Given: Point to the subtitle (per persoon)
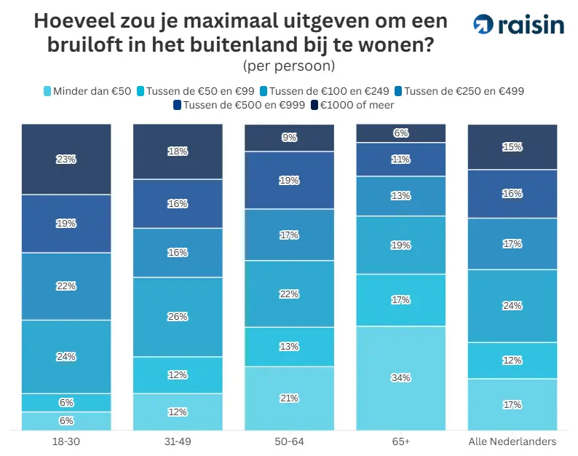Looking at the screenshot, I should pyautogui.click(x=288, y=66).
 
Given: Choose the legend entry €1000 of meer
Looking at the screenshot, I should pyautogui.click(x=352, y=105).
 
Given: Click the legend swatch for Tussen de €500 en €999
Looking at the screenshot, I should pyautogui.click(x=178, y=105).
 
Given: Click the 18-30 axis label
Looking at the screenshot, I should pyautogui.click(x=66, y=441).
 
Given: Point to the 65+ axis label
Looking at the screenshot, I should pyautogui.click(x=400, y=441).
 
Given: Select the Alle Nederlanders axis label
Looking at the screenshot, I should pyautogui.click(x=512, y=441).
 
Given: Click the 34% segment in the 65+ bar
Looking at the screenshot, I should pyautogui.click(x=400, y=378).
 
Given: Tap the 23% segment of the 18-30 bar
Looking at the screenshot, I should pyautogui.click(x=66, y=159).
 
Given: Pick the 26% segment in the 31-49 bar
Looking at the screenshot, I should pyautogui.click(x=178, y=317).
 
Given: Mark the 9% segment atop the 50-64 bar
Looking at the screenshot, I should pyautogui.click(x=289, y=137).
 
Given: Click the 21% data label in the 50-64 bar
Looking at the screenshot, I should pyautogui.click(x=289, y=398).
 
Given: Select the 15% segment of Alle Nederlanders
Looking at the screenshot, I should pyautogui.click(x=512, y=147).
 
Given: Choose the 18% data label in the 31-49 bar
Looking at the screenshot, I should pyautogui.click(x=178, y=152).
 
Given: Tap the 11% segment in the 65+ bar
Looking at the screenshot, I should pyautogui.click(x=400, y=160).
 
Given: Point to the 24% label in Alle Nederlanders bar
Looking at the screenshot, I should pyautogui.click(x=512, y=306).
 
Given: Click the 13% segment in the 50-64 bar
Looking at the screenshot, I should pyautogui.click(x=289, y=347).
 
